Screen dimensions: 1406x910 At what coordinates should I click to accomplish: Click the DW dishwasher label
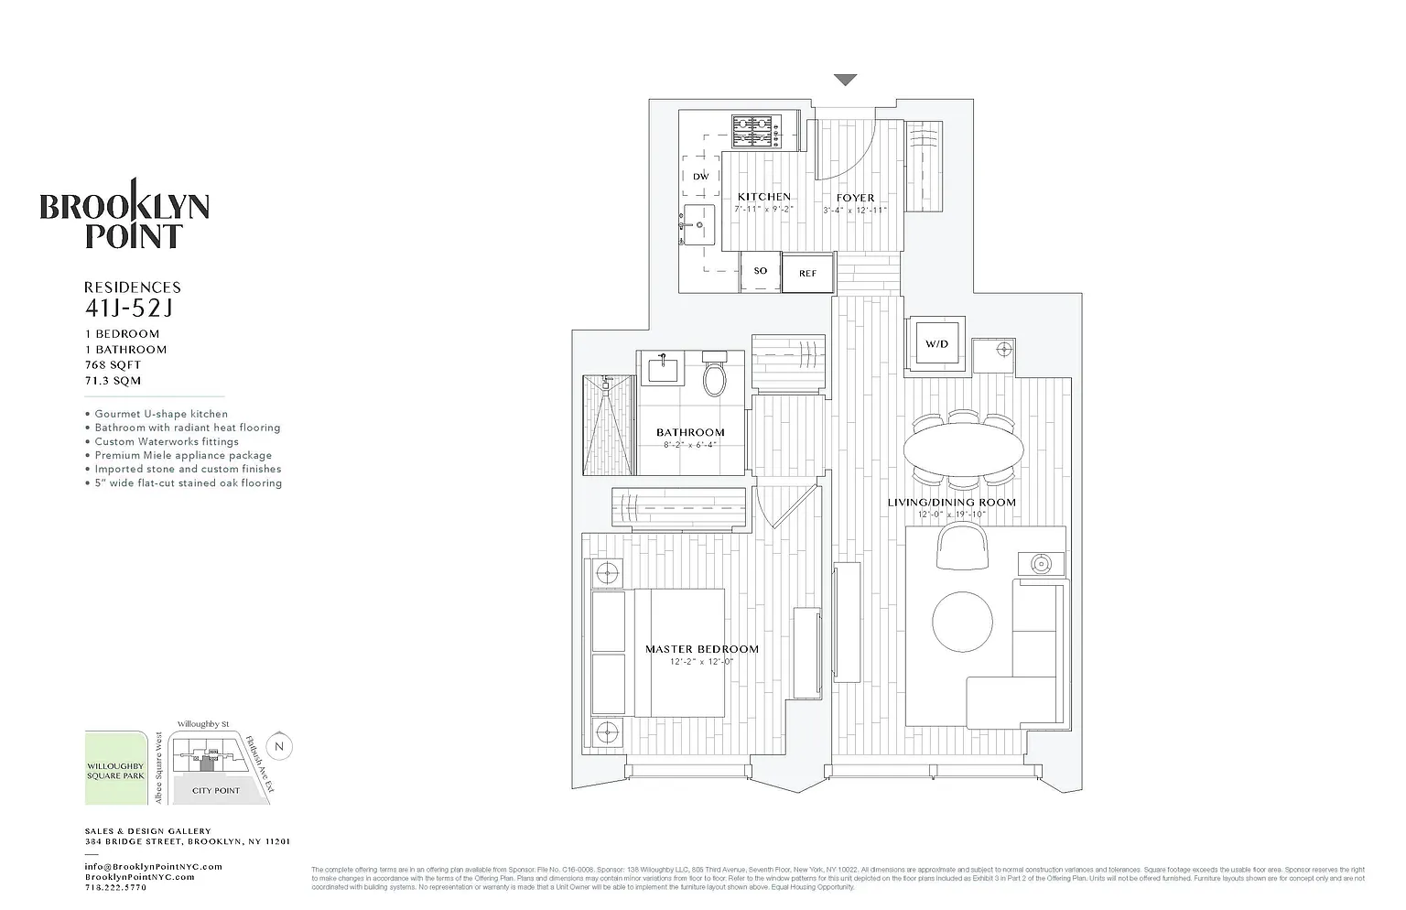(x=700, y=177)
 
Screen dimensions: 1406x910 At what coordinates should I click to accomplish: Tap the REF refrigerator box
(x=807, y=273)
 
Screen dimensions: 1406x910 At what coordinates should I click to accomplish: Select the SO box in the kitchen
(x=761, y=271)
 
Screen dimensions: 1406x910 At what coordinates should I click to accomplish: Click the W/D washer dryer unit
(x=936, y=344)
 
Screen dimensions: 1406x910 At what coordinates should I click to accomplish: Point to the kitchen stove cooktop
(x=756, y=131)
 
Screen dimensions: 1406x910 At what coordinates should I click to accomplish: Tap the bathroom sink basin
(x=664, y=371)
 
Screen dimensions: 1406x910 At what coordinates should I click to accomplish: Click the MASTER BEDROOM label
(x=702, y=649)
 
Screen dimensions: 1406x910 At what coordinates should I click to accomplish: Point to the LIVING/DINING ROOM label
(x=952, y=502)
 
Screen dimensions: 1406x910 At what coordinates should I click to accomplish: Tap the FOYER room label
(x=855, y=198)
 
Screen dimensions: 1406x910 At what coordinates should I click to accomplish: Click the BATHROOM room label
(x=690, y=432)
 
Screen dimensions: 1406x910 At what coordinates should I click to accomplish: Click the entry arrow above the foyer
(x=845, y=81)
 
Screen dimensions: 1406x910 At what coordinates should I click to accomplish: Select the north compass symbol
(x=280, y=746)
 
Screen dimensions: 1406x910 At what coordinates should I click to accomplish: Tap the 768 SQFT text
(x=113, y=365)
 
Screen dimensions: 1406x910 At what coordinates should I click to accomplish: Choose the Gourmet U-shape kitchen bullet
(x=161, y=414)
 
